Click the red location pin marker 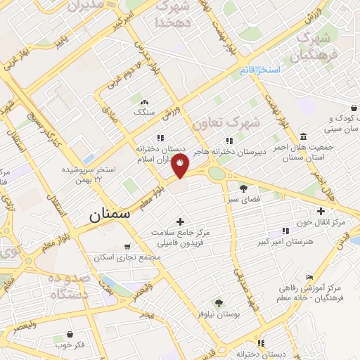[x=181, y=164]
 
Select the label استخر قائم [x=259, y=70]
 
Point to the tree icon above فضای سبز [x=243, y=188]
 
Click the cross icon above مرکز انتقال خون [x=321, y=211]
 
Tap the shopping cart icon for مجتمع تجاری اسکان [x=127, y=247]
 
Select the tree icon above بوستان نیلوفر [x=219, y=303]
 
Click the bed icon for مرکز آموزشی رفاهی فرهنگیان [x=310, y=278]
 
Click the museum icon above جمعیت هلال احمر [x=303, y=136]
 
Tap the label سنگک [x=143, y=112]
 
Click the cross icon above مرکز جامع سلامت [x=181, y=221]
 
